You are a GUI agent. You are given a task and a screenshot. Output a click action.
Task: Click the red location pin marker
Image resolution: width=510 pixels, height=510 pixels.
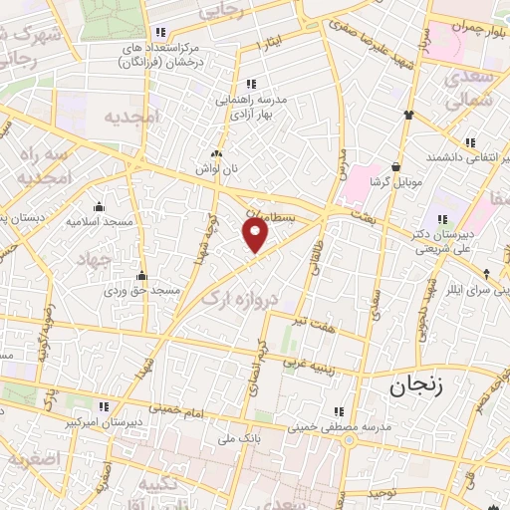pos(256,235)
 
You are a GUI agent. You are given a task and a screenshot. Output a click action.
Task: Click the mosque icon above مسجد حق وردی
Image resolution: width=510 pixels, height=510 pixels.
pos(143,276)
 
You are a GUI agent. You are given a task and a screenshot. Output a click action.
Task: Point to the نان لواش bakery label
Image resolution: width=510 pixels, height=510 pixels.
pos(218,169)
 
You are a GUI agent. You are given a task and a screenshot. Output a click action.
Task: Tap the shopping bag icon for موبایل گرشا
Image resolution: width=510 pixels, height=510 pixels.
pos(398,166)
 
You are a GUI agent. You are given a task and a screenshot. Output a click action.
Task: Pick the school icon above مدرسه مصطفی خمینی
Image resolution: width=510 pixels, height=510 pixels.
pos(340,411)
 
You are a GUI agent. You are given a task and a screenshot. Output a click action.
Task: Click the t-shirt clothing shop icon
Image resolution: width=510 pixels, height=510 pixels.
pos(407,113)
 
